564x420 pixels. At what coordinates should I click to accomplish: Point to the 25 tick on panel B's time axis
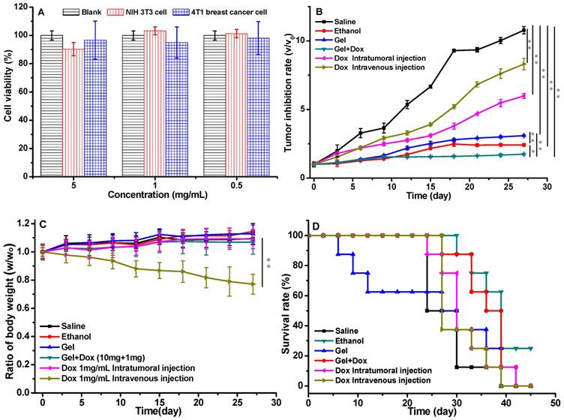512,187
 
